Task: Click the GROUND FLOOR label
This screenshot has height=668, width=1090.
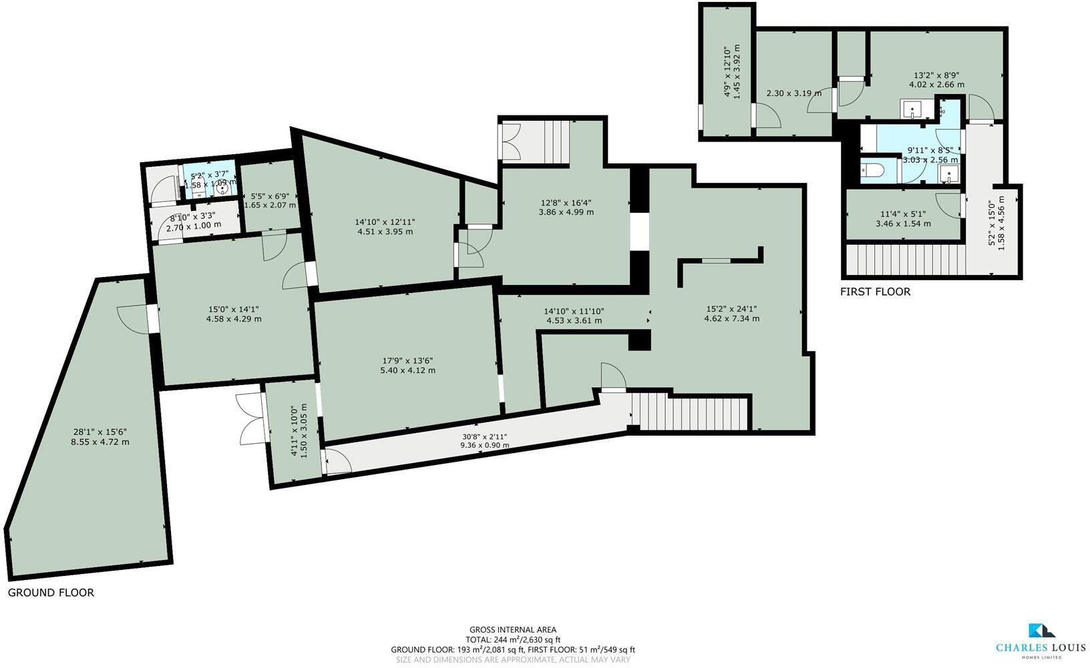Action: pyautogui.click(x=51, y=593)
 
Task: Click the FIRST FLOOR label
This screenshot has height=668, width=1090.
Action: pyautogui.click(x=875, y=292)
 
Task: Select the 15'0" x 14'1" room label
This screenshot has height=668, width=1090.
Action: pyautogui.click(x=234, y=310)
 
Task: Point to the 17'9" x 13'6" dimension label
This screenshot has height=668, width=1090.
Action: pyautogui.click(x=407, y=361)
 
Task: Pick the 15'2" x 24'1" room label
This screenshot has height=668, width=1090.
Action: pyautogui.click(x=731, y=309)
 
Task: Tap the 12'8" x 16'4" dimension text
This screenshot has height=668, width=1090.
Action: pyautogui.click(x=566, y=203)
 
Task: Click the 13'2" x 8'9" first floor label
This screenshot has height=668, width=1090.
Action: pyautogui.click(x=936, y=75)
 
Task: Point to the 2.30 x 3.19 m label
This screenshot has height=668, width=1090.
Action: pyautogui.click(x=793, y=93)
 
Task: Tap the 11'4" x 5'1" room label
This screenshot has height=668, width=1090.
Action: pyautogui.click(x=903, y=214)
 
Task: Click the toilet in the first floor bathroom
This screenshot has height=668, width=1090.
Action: pyautogui.click(x=872, y=170)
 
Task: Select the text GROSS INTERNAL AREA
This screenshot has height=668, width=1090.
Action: pyautogui.click(x=512, y=629)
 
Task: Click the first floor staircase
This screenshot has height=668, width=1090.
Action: pyautogui.click(x=905, y=260)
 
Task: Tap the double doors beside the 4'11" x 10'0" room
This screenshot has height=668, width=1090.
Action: pyautogui.click(x=250, y=419)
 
